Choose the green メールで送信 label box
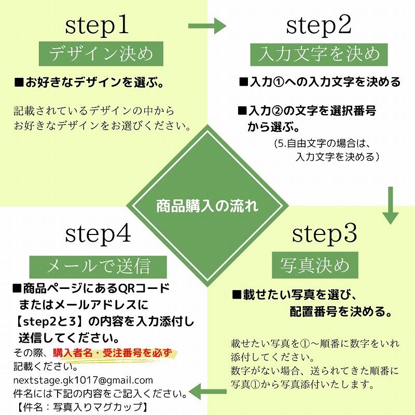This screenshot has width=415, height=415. (98, 266)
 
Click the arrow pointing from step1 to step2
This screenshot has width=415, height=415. (207, 26)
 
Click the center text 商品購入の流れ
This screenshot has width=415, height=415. (207, 206)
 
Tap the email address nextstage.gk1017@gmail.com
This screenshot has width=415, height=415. (83, 380)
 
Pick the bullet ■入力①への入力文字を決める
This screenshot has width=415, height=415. (319, 82)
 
